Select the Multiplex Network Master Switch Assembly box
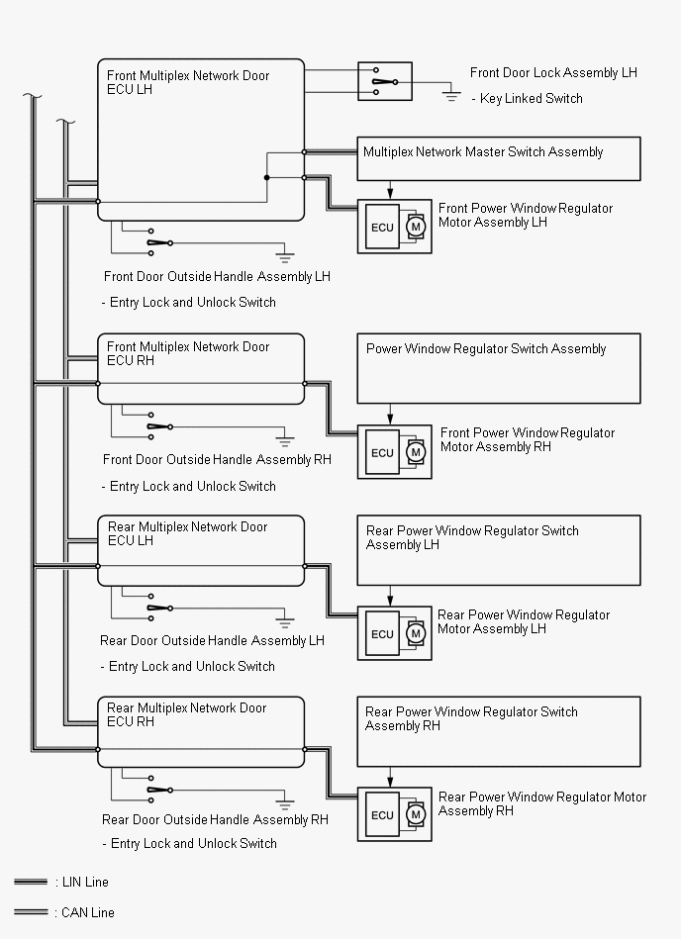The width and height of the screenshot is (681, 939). [x=499, y=158]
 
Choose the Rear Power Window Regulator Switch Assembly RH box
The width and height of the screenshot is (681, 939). [x=499, y=731]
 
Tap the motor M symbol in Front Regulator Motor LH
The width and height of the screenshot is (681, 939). [x=416, y=227]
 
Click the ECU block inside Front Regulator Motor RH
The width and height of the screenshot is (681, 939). [x=382, y=452]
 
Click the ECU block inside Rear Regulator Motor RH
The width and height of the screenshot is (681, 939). [x=382, y=815]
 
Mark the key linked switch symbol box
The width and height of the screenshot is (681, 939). [x=384, y=81]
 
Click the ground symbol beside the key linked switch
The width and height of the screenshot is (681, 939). [x=452, y=96]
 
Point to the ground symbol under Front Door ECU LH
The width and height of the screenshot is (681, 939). [x=285, y=255]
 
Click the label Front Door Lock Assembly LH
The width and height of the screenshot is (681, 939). [x=553, y=73]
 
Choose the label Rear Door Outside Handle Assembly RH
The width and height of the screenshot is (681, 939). [x=215, y=819]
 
